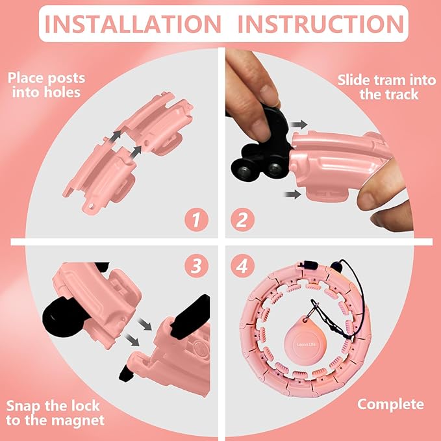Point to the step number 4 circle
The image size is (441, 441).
241,265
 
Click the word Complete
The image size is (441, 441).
390,405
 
